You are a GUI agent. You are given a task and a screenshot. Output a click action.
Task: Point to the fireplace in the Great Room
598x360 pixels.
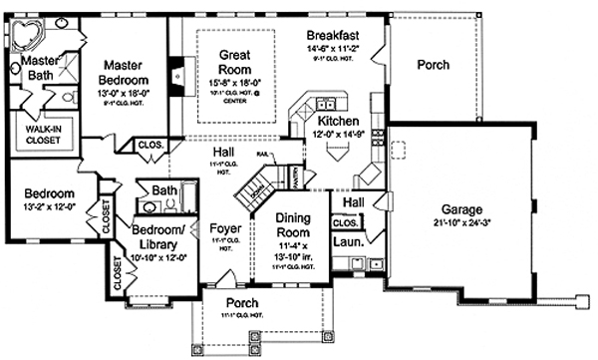pos(176,75)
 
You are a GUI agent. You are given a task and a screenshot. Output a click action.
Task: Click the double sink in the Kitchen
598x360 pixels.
pos(325,103)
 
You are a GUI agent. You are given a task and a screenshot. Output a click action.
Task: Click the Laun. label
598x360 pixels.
pos(347,241)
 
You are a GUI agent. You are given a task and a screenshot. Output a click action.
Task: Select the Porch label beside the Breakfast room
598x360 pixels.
pos(432,66)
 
